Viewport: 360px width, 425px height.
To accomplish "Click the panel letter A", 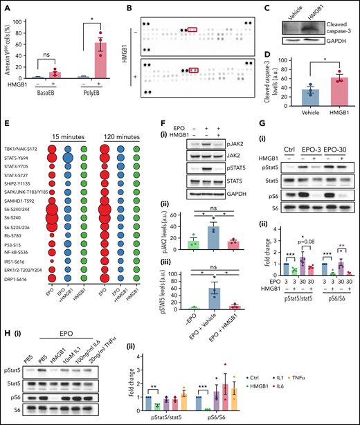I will (5, 6).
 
